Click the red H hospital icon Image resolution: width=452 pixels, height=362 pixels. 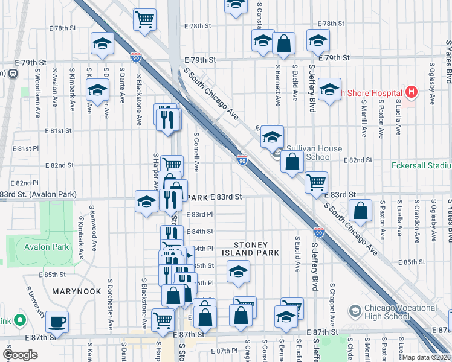coord(412,92)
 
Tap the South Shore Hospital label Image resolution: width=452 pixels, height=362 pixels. coord(372,93)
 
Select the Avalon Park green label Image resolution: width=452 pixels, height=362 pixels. coord(47,247)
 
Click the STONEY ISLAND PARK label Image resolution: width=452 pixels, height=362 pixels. coord(257,249)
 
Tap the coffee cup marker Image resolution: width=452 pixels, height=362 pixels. coord(57,321)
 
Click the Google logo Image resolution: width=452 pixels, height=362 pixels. coord(21,355)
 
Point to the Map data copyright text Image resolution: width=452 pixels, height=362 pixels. coord(426,357)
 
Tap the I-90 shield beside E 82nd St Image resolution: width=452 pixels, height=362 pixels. coord(242,160)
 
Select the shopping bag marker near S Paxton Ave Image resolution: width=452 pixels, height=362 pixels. coord(360,211)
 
